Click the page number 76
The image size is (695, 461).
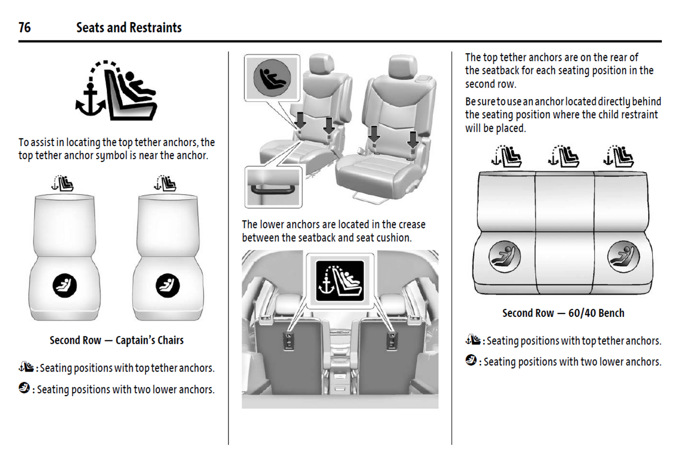(x=25, y=27)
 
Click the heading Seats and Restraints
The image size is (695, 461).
(x=129, y=27)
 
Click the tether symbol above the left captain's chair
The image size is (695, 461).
(x=63, y=183)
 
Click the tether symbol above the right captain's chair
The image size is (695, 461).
(x=165, y=183)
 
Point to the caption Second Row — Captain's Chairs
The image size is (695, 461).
(x=116, y=340)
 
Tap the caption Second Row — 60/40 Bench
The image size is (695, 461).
(x=563, y=313)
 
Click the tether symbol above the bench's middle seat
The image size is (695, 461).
(x=563, y=157)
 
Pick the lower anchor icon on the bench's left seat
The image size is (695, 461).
(x=505, y=256)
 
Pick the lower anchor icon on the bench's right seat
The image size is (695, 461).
(x=623, y=256)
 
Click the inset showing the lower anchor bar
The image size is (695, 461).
(x=273, y=187)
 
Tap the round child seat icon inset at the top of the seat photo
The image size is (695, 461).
(x=272, y=77)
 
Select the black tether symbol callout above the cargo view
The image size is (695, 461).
(x=340, y=281)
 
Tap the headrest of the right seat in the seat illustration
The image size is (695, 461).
(x=403, y=66)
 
